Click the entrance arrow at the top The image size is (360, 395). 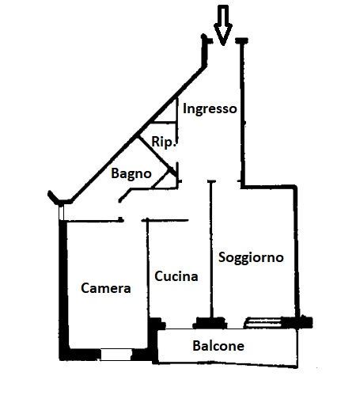223,25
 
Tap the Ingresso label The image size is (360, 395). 210,108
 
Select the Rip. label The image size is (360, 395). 164,142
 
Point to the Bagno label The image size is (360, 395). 131,173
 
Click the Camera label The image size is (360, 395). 106,288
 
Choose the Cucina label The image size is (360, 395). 176,276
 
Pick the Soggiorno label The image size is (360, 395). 251,257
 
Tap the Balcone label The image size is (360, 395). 218,346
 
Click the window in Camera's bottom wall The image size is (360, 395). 116,355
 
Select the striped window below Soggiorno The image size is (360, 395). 263,323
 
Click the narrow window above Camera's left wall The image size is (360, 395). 61,213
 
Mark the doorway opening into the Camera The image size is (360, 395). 133,220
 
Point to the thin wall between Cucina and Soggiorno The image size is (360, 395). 210,249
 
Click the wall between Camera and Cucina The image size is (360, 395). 148,268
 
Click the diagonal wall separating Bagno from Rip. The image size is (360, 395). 157,156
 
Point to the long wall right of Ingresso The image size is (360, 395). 242,113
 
